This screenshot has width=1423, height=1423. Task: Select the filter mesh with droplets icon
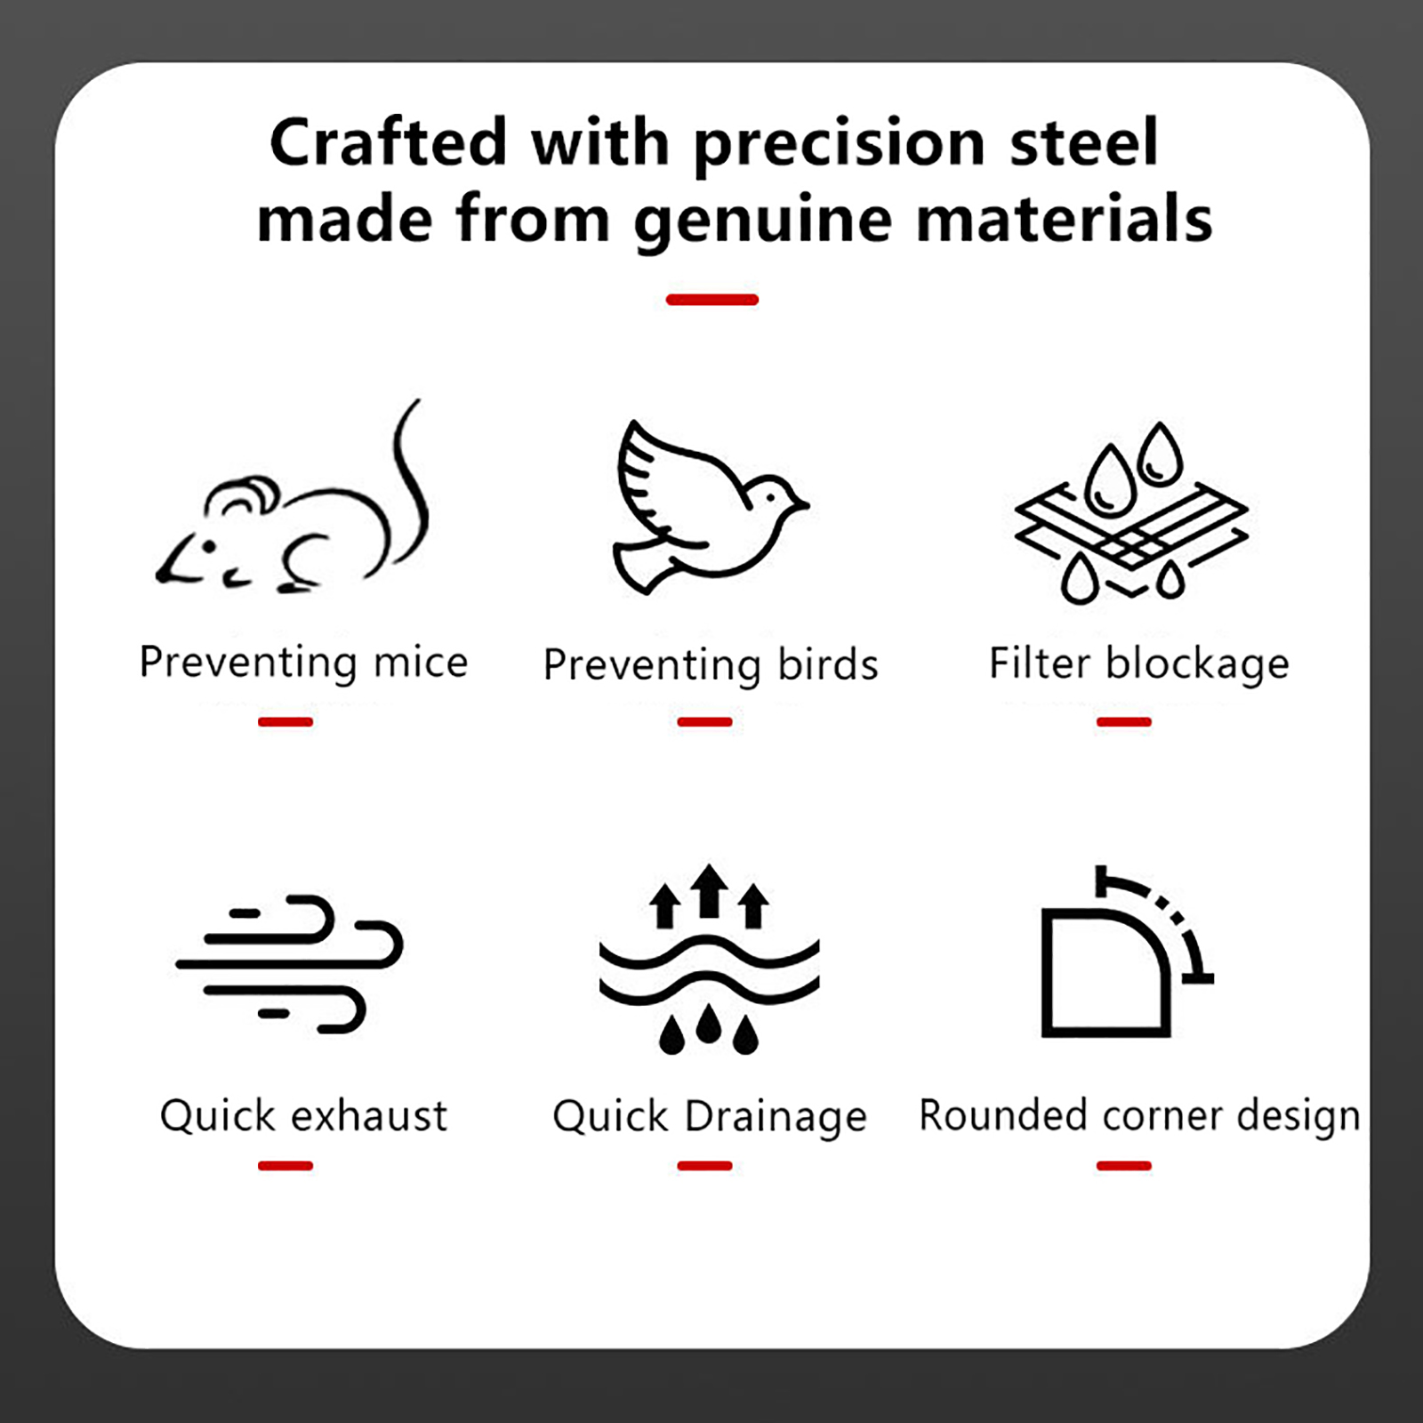1131,513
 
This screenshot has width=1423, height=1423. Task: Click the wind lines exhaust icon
290,963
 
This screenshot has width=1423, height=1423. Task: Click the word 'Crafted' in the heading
388,142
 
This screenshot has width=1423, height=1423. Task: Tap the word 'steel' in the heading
1084,142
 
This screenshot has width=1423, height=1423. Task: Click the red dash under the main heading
711,300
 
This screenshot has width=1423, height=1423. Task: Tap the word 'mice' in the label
421,662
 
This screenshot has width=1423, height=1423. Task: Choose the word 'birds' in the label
828,664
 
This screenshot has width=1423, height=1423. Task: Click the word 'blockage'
1197,664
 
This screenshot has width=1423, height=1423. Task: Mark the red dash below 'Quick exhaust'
285,1165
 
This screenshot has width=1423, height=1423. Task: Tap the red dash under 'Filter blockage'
1124,721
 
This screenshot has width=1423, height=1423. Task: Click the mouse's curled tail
414,485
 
